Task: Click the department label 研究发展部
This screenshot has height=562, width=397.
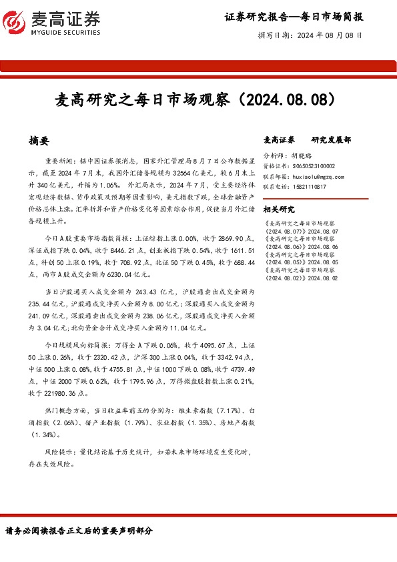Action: point(332,141)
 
